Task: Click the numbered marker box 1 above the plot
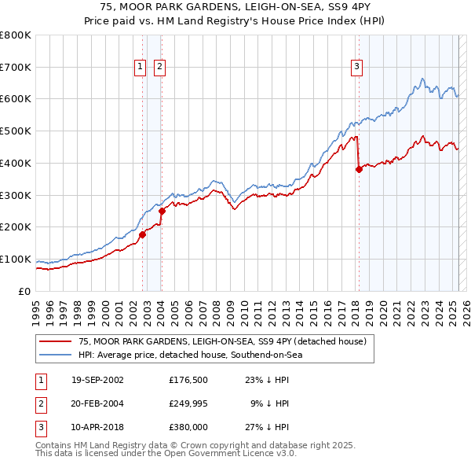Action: pyautogui.click(x=140, y=68)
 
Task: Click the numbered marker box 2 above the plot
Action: pyautogui.click(x=159, y=68)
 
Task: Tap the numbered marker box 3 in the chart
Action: pyautogui.click(x=356, y=68)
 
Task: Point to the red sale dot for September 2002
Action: pyautogui.click(x=143, y=234)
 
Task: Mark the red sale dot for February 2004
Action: pyautogui.click(x=162, y=211)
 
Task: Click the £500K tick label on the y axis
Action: pyautogui.click(x=16, y=131)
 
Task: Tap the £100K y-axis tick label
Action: pyautogui.click(x=16, y=260)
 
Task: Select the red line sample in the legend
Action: pyautogui.click(x=57, y=341)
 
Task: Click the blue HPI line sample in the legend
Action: pyautogui.click(x=57, y=355)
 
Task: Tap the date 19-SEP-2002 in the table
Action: pyautogui.click(x=97, y=380)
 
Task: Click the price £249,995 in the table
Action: pyautogui.click(x=189, y=404)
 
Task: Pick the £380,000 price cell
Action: pyautogui.click(x=189, y=428)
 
